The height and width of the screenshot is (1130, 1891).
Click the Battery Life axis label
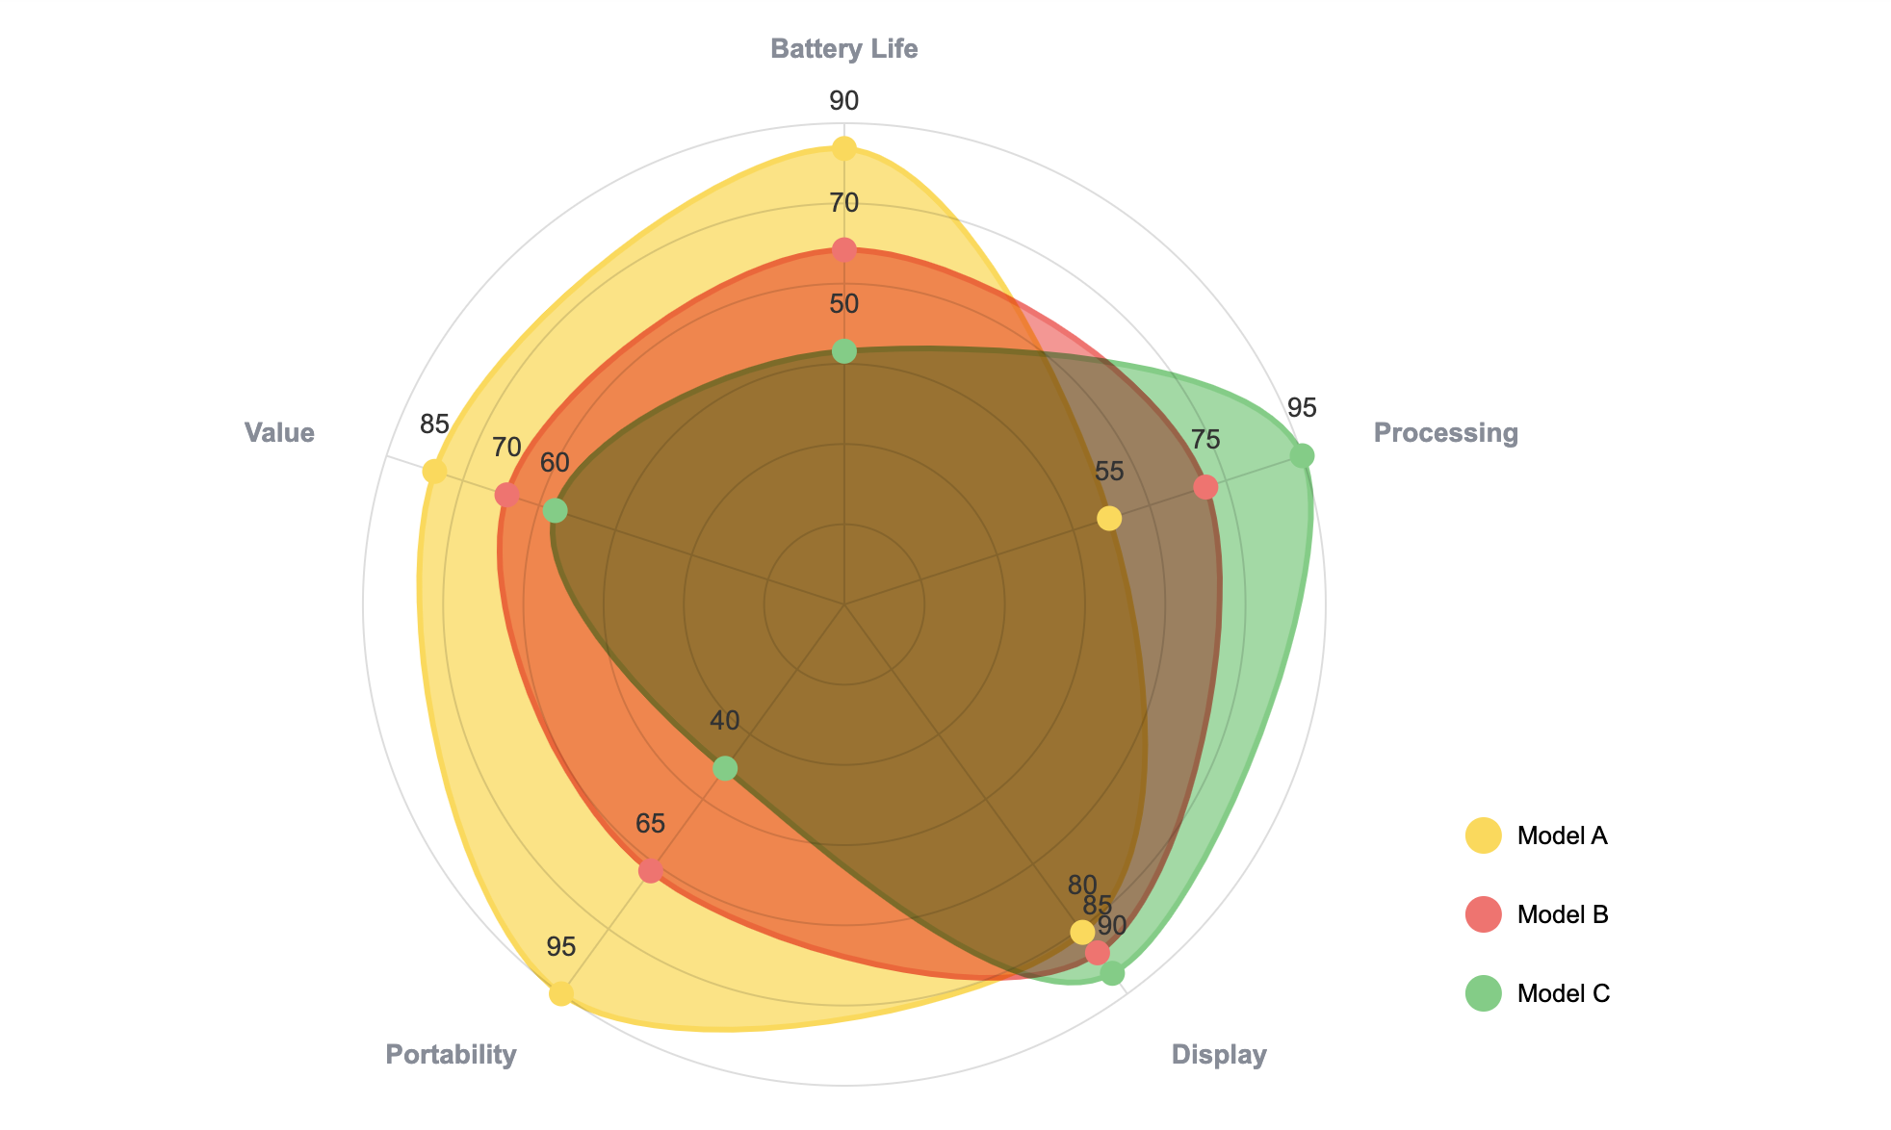coord(844,49)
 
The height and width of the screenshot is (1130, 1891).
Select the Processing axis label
coord(1445,433)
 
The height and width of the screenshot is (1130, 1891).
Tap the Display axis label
coord(1218,1055)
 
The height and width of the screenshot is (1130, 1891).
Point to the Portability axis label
coord(451,1055)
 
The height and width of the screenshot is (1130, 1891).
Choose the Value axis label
coord(279,433)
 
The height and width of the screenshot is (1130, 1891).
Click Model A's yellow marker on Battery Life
coord(844,148)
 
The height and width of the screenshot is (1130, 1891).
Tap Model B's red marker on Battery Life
coord(844,250)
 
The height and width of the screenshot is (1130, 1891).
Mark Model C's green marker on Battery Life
coord(844,351)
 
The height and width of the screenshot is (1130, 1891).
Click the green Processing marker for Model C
coord(1302,455)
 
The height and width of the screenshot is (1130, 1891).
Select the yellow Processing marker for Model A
coord(1109,519)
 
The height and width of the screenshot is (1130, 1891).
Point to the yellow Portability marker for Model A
coord(561,993)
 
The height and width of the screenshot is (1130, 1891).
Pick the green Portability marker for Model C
coord(725,768)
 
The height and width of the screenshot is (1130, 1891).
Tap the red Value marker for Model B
coord(507,496)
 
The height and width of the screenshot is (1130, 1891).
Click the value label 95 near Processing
coord(1302,408)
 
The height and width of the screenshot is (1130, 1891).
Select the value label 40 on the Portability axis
coord(725,721)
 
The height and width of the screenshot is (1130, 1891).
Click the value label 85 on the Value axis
coord(434,424)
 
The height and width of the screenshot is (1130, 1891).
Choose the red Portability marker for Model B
coord(651,871)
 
